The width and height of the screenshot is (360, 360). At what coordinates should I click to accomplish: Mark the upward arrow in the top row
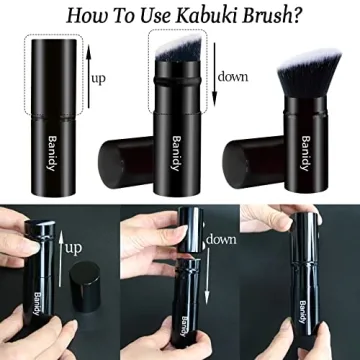87,76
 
